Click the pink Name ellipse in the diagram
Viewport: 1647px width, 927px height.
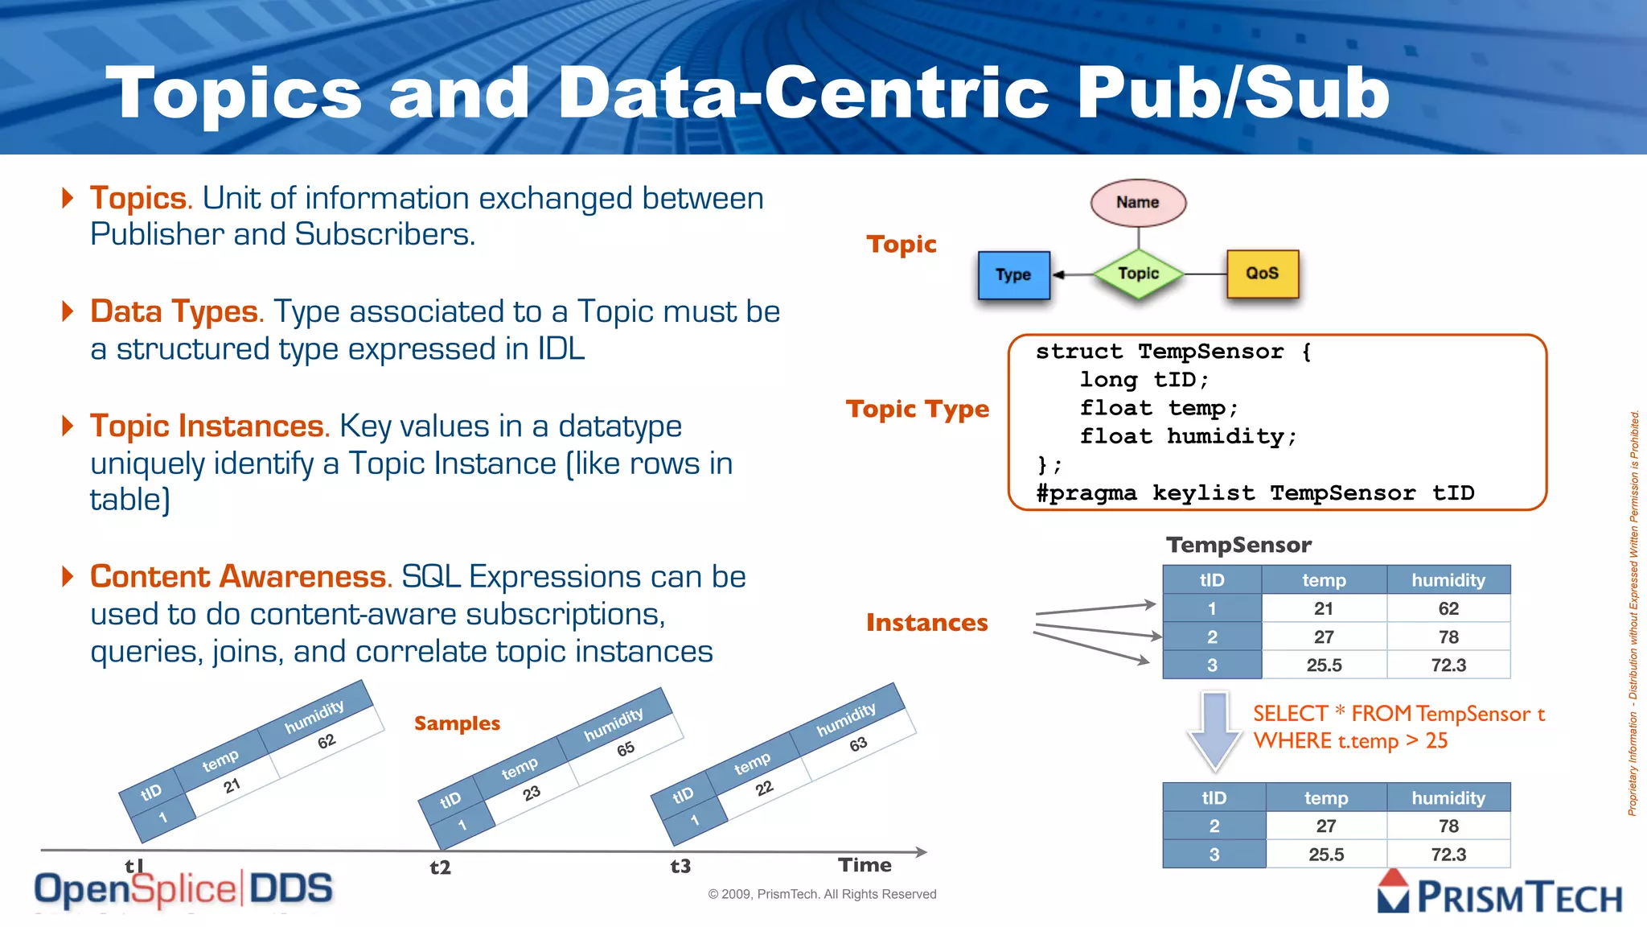(x=1137, y=202)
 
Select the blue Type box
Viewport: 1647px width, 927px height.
(x=1013, y=274)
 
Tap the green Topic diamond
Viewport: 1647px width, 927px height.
(x=1138, y=274)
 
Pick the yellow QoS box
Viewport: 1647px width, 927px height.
(x=1262, y=274)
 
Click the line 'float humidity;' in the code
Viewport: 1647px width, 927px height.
(x=1188, y=436)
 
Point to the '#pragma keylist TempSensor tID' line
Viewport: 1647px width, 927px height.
(x=1255, y=492)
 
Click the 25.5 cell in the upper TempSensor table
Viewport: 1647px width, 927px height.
(x=1324, y=665)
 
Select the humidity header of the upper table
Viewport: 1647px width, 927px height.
(x=1448, y=580)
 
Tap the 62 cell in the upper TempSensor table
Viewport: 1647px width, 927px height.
(x=1448, y=609)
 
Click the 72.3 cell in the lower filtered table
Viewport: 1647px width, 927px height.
(x=1448, y=855)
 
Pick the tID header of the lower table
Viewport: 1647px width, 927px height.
(x=1214, y=798)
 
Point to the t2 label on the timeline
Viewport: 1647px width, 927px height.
(x=440, y=867)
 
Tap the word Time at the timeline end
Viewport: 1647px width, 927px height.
(x=865, y=865)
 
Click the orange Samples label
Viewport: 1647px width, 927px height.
(x=457, y=723)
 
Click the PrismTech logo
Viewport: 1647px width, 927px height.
(x=1500, y=895)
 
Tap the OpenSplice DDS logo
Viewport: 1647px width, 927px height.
(x=183, y=889)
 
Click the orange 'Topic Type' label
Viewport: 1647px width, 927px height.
(x=917, y=410)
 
